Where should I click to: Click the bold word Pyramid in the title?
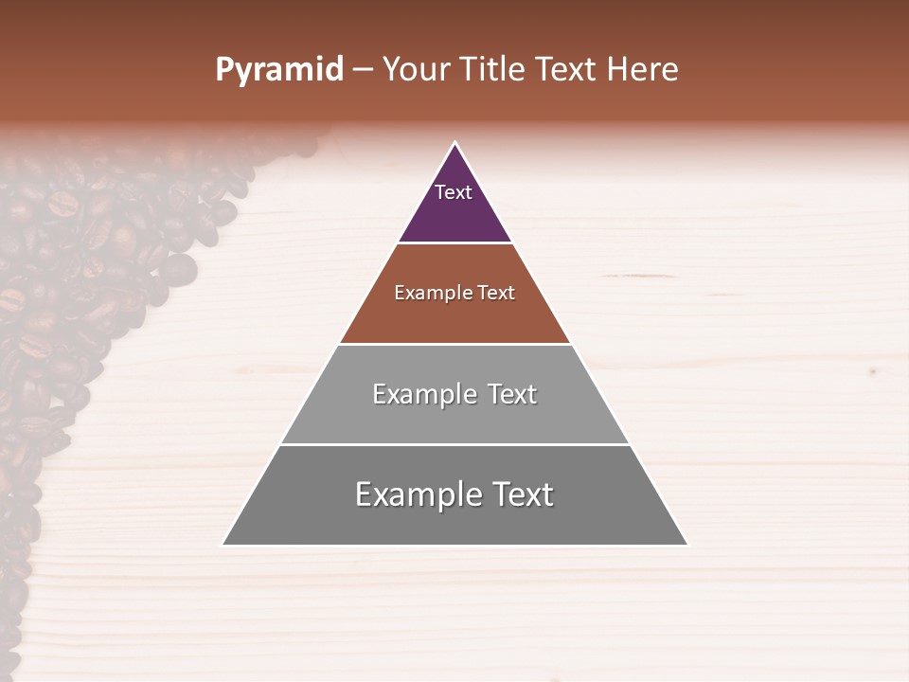tap(279, 70)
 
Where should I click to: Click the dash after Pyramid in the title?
tap(363, 70)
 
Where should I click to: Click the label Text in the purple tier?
tap(454, 192)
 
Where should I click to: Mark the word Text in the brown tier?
tap(496, 293)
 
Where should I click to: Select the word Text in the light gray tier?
tap(512, 394)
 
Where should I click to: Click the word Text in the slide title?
tap(566, 69)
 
